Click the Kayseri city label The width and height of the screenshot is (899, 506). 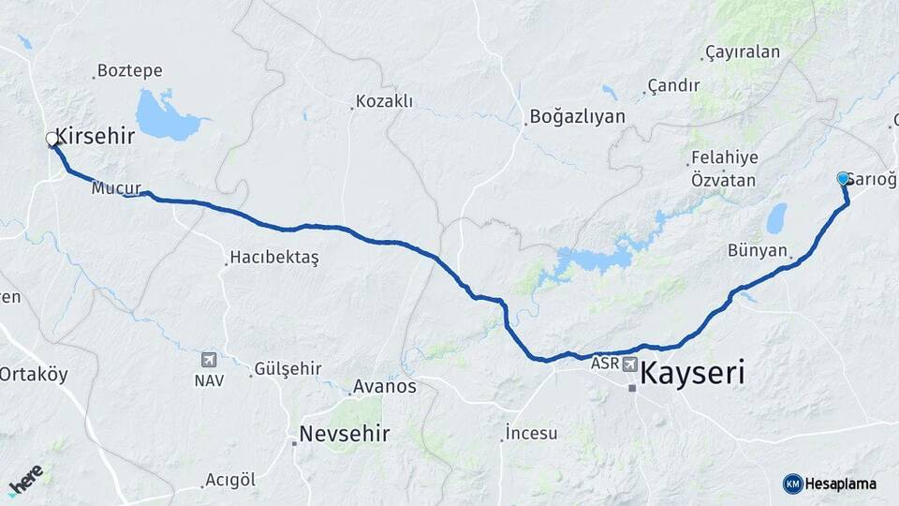pos(693,375)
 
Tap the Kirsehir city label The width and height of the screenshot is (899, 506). pos(96,135)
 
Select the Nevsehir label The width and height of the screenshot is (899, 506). pos(344,434)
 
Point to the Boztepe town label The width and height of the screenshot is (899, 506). pos(129,71)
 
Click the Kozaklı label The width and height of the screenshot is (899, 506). pos(384,101)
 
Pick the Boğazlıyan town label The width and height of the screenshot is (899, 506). pos(577,117)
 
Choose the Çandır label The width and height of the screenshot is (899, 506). pos(673,86)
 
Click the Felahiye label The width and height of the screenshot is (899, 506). pos(724,158)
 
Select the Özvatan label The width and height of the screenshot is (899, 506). pos(723,179)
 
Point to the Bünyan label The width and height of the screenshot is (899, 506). pos(759,250)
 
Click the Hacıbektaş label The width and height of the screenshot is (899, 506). pos(274,259)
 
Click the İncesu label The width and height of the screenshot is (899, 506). pos(531,433)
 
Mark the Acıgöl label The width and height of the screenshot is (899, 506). pos(230,480)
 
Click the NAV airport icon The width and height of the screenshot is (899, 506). pos(208,360)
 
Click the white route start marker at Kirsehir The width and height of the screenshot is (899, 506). pos(52,140)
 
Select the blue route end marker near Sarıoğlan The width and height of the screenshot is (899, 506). pos(842,178)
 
